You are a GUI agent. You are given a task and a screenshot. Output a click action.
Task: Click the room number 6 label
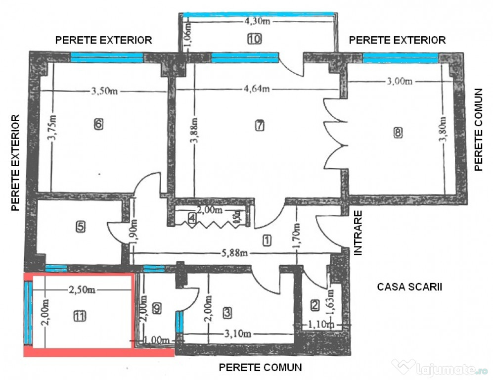click(x=99, y=124)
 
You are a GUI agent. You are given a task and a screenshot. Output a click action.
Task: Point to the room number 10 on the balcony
click(x=255, y=39)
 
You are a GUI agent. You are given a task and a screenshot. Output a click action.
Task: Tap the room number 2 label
click(x=315, y=305)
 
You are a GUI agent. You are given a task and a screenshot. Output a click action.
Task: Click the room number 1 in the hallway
click(x=267, y=240)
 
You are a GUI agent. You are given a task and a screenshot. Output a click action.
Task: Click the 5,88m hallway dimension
click(x=232, y=254)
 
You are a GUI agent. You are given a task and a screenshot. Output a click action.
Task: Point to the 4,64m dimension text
click(x=256, y=89)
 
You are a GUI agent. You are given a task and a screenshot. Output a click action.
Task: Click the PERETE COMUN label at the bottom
click(x=260, y=368)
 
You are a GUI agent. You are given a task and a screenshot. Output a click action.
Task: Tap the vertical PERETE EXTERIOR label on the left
click(x=16, y=163)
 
